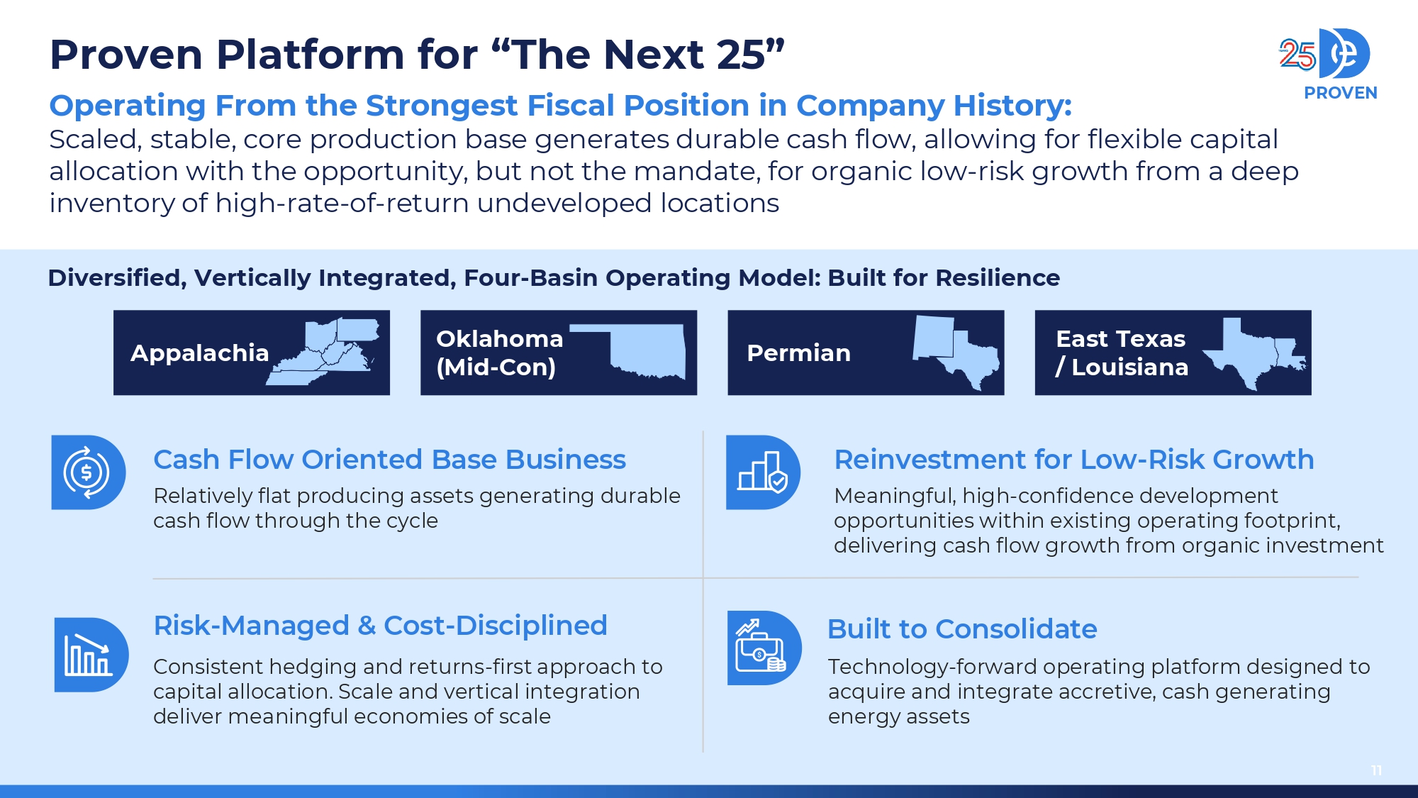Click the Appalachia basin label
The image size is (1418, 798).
pyautogui.click(x=199, y=353)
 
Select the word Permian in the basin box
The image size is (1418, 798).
pyautogui.click(x=798, y=353)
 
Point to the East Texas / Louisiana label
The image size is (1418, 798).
pyautogui.click(x=1122, y=353)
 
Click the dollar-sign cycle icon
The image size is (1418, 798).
pyautogui.click(x=87, y=472)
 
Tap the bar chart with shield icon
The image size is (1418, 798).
pyautogui.click(x=763, y=472)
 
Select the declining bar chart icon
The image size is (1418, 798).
pyautogui.click(x=91, y=655)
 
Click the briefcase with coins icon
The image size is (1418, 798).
pyautogui.click(x=764, y=648)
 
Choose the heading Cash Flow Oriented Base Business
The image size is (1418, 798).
pyautogui.click(x=389, y=460)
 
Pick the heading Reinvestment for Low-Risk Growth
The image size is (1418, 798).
pyautogui.click(x=1073, y=460)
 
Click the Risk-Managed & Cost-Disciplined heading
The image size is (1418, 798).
pyautogui.click(x=380, y=626)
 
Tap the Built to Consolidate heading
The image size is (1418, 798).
pyautogui.click(x=962, y=629)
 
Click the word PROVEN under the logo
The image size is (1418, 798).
pyautogui.click(x=1340, y=93)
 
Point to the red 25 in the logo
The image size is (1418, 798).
pyautogui.click(x=1297, y=55)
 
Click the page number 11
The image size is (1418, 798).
pyautogui.click(x=1376, y=770)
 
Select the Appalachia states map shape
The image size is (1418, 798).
pyautogui.click(x=323, y=351)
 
